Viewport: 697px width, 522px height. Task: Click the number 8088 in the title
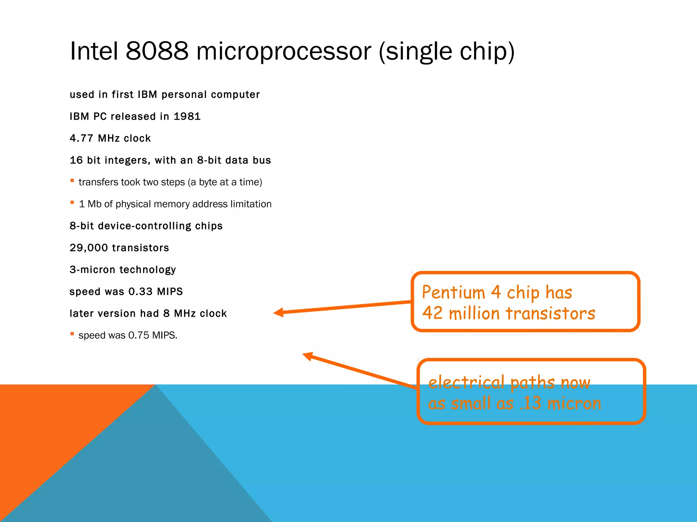click(157, 51)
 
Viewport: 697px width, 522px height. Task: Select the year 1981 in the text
click(187, 117)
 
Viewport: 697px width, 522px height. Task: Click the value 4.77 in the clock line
click(81, 138)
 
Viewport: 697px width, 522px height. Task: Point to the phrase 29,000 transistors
click(119, 248)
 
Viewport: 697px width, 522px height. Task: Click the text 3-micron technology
click(123, 269)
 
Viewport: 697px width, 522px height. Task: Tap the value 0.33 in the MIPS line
click(140, 292)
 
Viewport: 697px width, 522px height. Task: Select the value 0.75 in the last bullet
click(139, 335)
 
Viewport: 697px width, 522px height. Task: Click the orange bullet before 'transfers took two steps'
click(72, 181)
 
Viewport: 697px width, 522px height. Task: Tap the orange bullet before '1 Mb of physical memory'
click(72, 203)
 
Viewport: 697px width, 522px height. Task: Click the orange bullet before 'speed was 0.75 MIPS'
click(72, 334)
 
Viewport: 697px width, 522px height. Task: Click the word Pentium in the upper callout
click(453, 292)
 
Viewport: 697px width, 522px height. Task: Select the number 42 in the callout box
click(432, 313)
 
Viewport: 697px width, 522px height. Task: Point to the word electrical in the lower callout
click(466, 382)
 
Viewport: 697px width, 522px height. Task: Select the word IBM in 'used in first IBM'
click(147, 94)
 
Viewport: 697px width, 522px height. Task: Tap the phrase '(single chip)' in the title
click(447, 52)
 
